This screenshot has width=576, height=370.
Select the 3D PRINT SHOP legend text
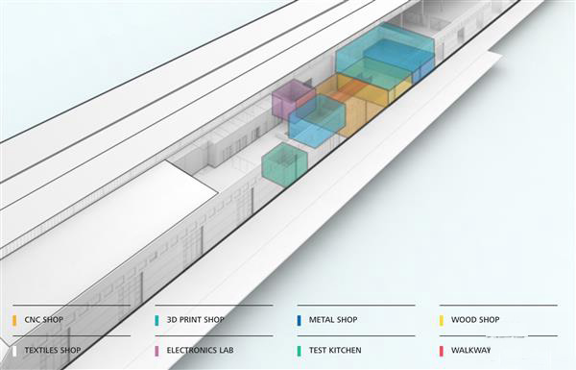click(195, 320)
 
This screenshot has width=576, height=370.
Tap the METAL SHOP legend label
click(332, 320)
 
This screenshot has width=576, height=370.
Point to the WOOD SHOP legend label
click(475, 320)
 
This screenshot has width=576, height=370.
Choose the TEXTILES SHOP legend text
click(53, 351)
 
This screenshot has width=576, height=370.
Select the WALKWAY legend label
click(470, 351)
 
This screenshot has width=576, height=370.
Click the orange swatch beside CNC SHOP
click(14, 320)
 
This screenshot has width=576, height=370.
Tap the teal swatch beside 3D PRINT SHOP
click(156, 320)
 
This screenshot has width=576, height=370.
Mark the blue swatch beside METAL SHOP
click(299, 320)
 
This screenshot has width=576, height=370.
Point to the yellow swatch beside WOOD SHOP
click(441, 320)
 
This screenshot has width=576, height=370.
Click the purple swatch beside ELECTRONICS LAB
click(156, 351)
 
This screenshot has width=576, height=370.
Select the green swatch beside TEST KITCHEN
click(299, 351)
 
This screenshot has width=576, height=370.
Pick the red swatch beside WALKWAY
click(441, 351)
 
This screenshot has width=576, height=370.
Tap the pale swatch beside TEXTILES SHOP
click(14, 351)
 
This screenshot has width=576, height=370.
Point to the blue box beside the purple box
click(317, 120)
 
